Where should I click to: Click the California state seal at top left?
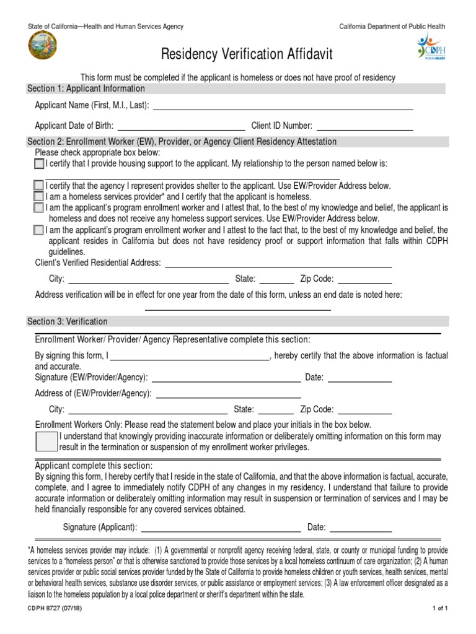coord(42,46)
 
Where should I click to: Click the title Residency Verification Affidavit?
coord(247,55)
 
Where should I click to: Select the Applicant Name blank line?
coord(283,106)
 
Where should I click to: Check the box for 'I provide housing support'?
coord(39,164)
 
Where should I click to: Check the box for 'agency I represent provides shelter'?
coord(39,186)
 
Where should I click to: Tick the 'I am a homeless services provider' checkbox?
coord(39,196)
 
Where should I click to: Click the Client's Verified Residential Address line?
coord(278,263)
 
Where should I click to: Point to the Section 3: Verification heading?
coord(68,321)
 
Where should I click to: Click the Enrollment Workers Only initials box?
coord(46,442)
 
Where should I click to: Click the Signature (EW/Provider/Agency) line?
coord(226,378)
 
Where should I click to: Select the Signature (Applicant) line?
coord(221,528)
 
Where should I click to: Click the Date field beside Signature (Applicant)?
coord(361,528)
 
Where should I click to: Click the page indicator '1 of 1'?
coord(439,609)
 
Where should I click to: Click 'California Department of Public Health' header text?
coord(392,27)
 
